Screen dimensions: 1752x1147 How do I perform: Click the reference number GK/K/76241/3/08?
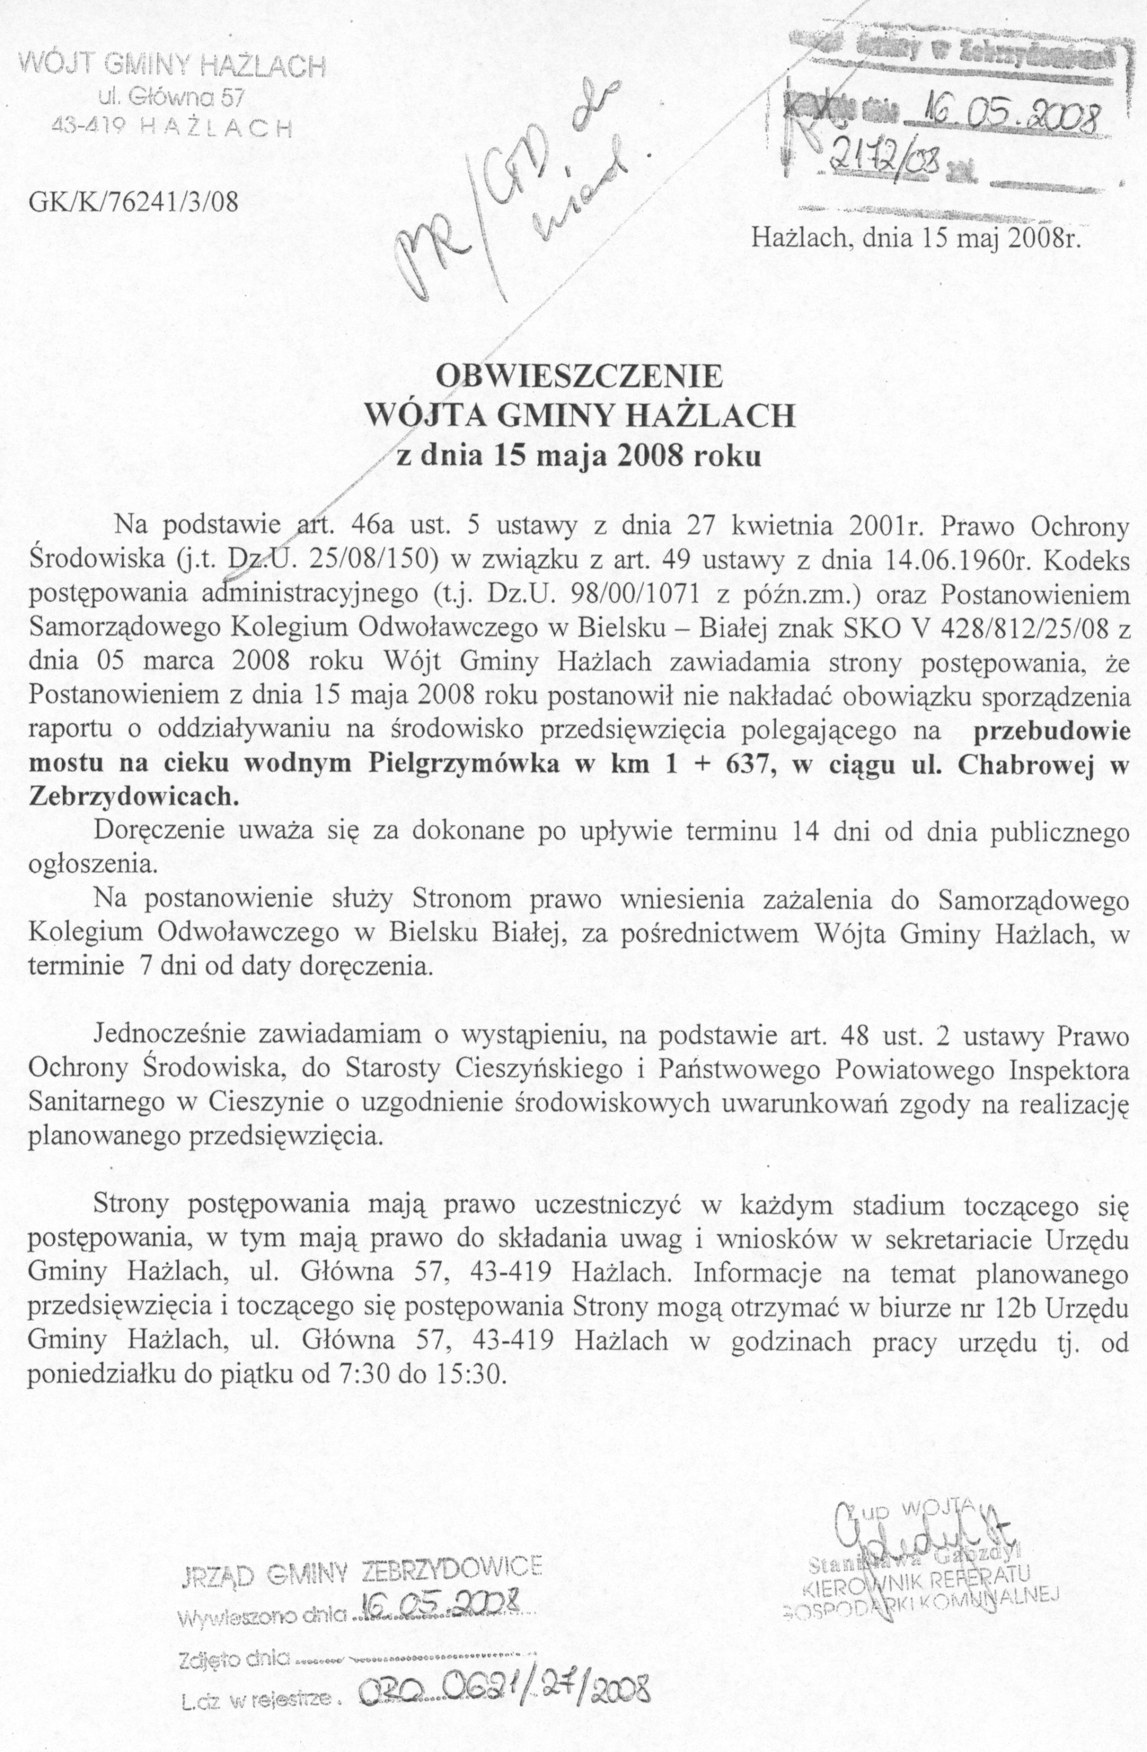(x=134, y=201)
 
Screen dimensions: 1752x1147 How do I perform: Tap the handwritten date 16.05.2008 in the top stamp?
(x=1001, y=111)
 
